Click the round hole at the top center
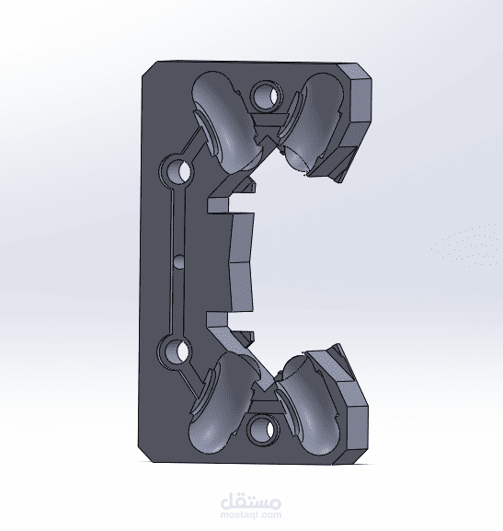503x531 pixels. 267,95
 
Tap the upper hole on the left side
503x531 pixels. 177,169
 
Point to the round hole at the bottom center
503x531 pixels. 264,430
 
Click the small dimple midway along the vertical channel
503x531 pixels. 179,261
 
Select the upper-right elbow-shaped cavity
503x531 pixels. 312,121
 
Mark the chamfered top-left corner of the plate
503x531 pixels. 149,69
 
